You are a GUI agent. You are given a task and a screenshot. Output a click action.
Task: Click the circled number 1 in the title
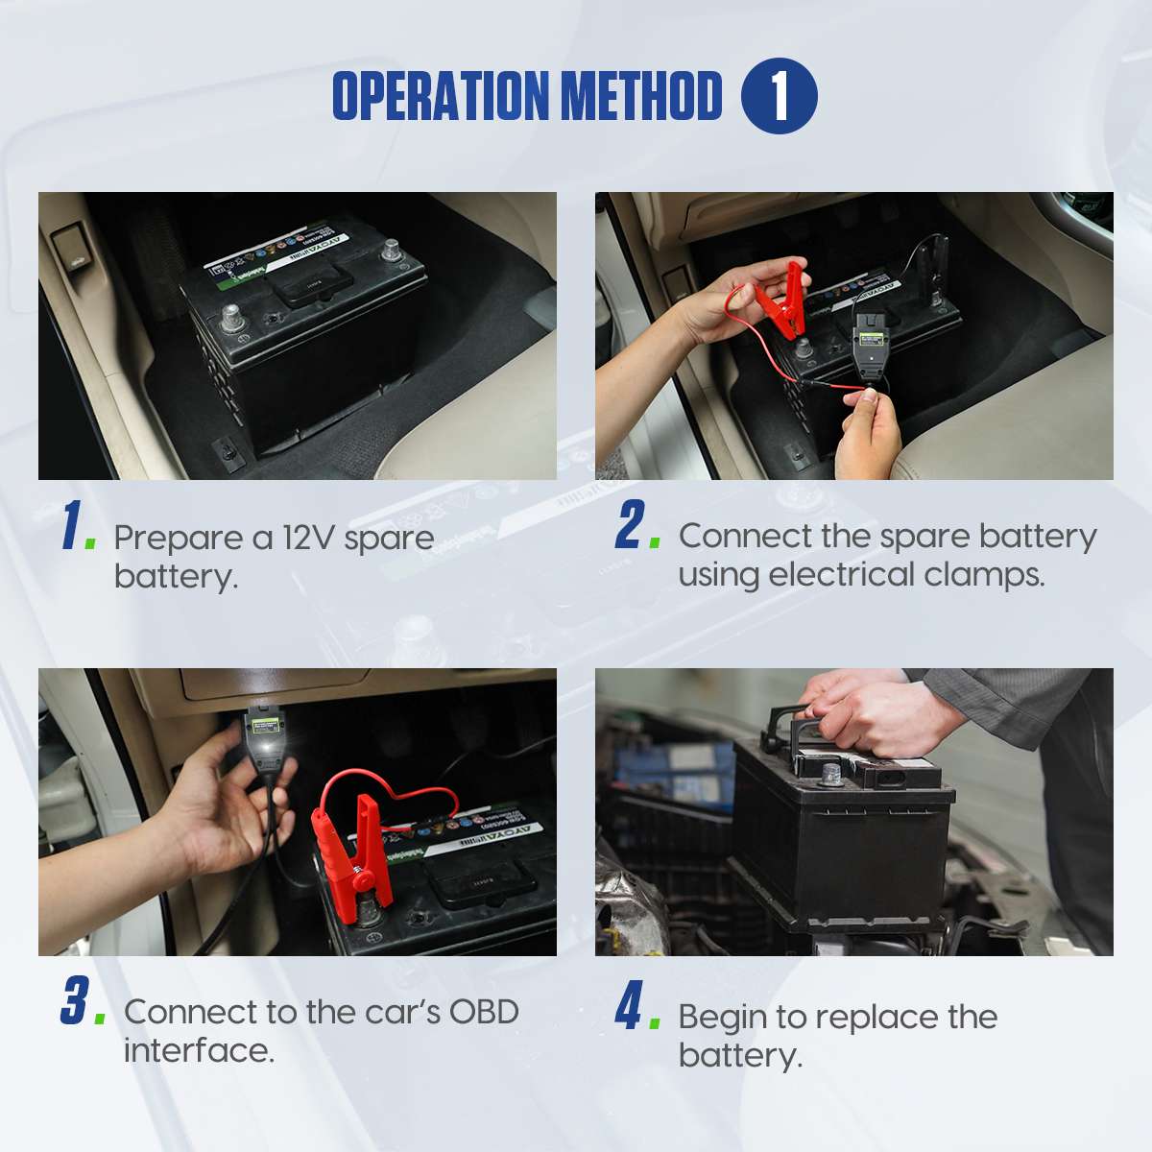click(779, 96)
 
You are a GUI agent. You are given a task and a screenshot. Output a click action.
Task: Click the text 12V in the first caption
click(308, 538)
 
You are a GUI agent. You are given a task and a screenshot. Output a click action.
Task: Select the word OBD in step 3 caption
click(484, 1012)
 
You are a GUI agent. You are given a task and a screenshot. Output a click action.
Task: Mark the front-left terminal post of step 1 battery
click(230, 316)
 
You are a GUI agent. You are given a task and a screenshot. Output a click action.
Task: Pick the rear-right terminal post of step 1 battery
click(391, 252)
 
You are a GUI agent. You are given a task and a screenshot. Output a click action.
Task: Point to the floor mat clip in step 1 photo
click(227, 447)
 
